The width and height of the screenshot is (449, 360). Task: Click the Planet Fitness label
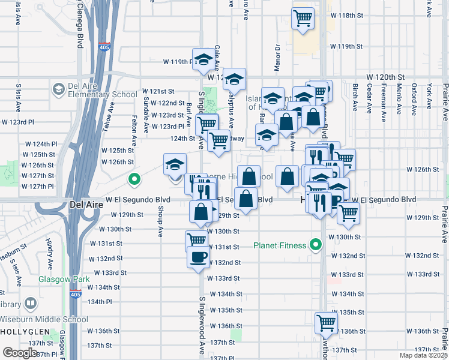pyautogui.click(x=280, y=245)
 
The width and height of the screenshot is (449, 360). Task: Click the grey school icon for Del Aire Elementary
pyautogui.click(x=58, y=89)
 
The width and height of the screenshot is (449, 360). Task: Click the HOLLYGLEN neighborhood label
pyautogui.click(x=23, y=331)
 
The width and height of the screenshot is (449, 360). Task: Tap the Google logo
pyautogui.click(x=20, y=353)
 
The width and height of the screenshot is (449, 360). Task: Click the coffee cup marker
pyautogui.click(x=198, y=257)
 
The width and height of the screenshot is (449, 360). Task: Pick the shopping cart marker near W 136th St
pyautogui.click(x=326, y=322)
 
